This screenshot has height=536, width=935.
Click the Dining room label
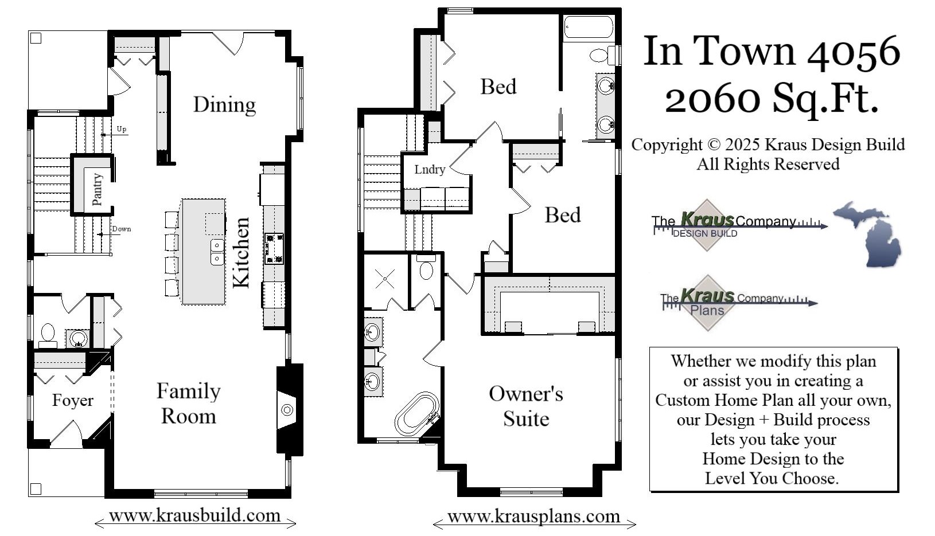[224, 105]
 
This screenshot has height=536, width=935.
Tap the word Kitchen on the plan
[241, 252]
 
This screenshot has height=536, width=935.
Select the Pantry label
[97, 189]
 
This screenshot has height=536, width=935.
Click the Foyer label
[72, 400]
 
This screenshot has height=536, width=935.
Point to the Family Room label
[188, 404]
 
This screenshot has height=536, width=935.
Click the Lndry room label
[430, 169]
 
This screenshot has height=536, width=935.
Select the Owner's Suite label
[526, 406]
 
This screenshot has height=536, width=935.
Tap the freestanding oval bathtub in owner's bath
[417, 413]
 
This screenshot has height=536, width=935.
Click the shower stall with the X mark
[384, 279]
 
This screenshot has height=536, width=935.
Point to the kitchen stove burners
[274, 248]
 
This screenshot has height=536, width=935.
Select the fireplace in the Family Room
[287, 409]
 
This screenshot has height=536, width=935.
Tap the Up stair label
[122, 129]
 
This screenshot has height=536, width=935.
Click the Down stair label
[121, 229]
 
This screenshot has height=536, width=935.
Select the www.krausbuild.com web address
[194, 515]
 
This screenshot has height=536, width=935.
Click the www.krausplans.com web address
[533, 517]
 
